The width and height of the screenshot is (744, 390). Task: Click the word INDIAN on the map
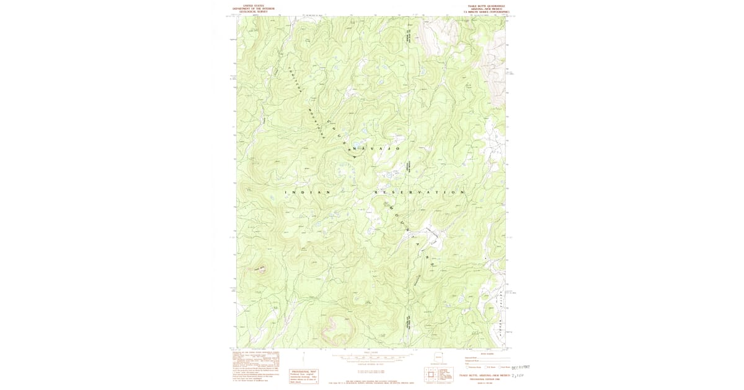308,193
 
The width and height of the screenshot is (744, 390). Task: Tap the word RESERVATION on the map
419,193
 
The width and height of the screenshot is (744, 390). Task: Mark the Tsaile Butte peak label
259,268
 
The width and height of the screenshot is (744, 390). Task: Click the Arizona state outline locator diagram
439,357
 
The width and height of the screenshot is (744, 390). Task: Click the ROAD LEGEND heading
487,354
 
